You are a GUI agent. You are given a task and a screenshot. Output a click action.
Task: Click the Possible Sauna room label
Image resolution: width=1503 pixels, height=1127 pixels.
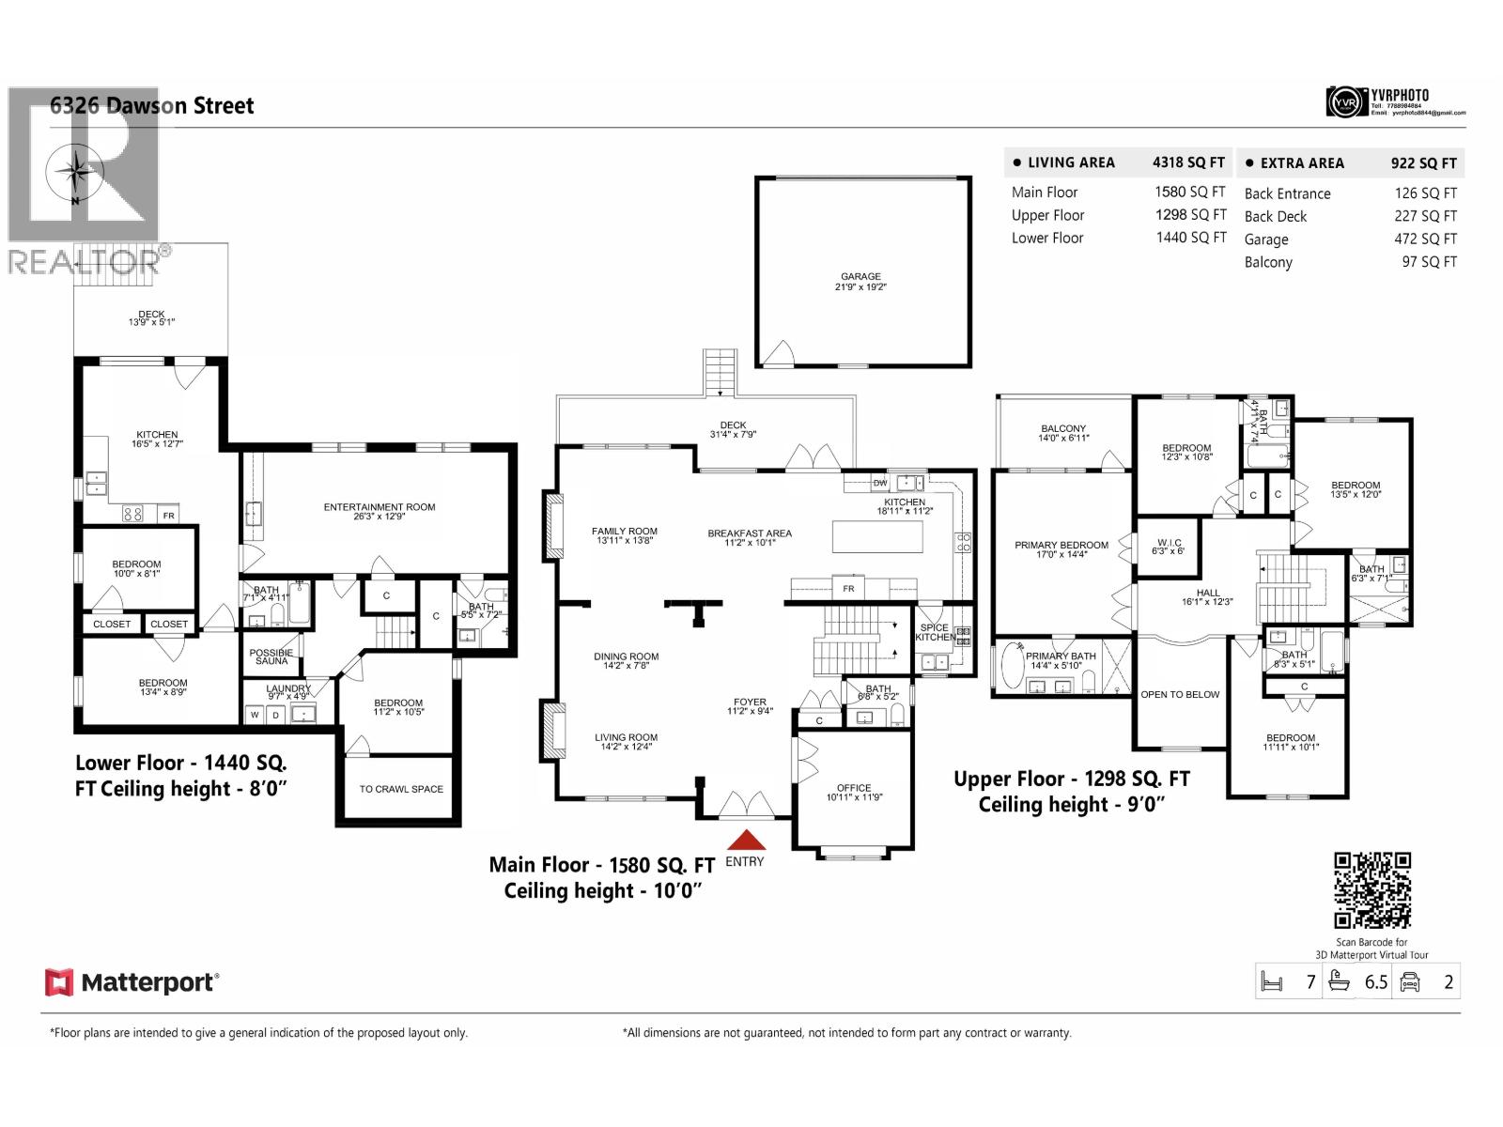(x=271, y=656)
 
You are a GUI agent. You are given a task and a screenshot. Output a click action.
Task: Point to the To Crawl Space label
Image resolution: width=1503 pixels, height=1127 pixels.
(x=401, y=789)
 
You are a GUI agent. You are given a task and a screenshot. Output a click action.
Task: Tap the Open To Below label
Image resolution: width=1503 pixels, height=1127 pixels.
(x=1180, y=695)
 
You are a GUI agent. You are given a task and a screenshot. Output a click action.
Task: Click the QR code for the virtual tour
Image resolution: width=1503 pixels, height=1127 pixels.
(x=1372, y=889)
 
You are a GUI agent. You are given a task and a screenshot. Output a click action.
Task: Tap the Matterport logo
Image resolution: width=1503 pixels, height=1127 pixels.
(x=132, y=982)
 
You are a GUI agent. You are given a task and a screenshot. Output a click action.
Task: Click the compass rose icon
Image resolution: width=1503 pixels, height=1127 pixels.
(x=72, y=173)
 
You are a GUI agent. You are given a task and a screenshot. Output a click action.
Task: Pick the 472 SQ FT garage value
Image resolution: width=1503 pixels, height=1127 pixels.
(x=1425, y=239)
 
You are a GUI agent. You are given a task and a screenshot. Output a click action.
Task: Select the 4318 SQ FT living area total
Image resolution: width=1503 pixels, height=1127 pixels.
(x=1188, y=162)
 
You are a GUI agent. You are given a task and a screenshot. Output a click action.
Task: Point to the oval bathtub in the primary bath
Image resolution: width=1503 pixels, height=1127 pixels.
(x=1013, y=667)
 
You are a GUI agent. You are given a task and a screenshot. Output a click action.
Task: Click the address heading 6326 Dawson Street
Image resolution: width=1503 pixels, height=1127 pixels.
(x=151, y=105)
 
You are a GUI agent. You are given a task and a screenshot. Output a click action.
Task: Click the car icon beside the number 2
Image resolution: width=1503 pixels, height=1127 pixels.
(x=1409, y=982)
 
